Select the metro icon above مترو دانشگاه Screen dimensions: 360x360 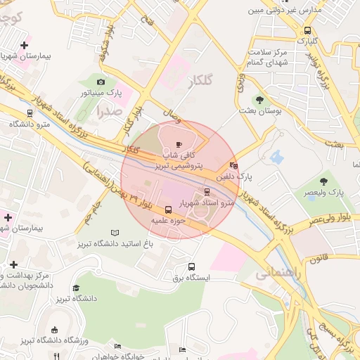coord(29,113)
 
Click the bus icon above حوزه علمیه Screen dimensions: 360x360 coord(167,210)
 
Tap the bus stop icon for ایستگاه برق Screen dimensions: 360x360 coord(191,266)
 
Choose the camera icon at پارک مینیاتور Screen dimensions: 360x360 coord(100,82)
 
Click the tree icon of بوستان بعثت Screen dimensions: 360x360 coord(259,100)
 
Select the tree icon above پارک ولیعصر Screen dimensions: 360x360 coord(323,181)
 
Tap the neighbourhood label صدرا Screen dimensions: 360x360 coord(110,110)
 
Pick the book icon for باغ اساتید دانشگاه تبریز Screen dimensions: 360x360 coord(115,233)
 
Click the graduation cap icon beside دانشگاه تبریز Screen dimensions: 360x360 coord(76,288)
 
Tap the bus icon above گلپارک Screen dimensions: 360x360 coord(307,30)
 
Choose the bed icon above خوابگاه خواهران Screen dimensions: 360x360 coord(117,346)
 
